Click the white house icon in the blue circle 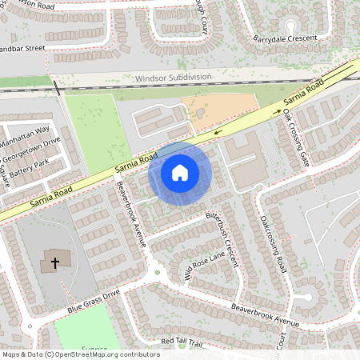tap(180, 172)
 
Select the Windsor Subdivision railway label tap(174, 78)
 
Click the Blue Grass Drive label tap(93, 302)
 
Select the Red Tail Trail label tap(182, 342)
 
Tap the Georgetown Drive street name tap(30, 150)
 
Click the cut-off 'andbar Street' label tap(22, 48)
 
